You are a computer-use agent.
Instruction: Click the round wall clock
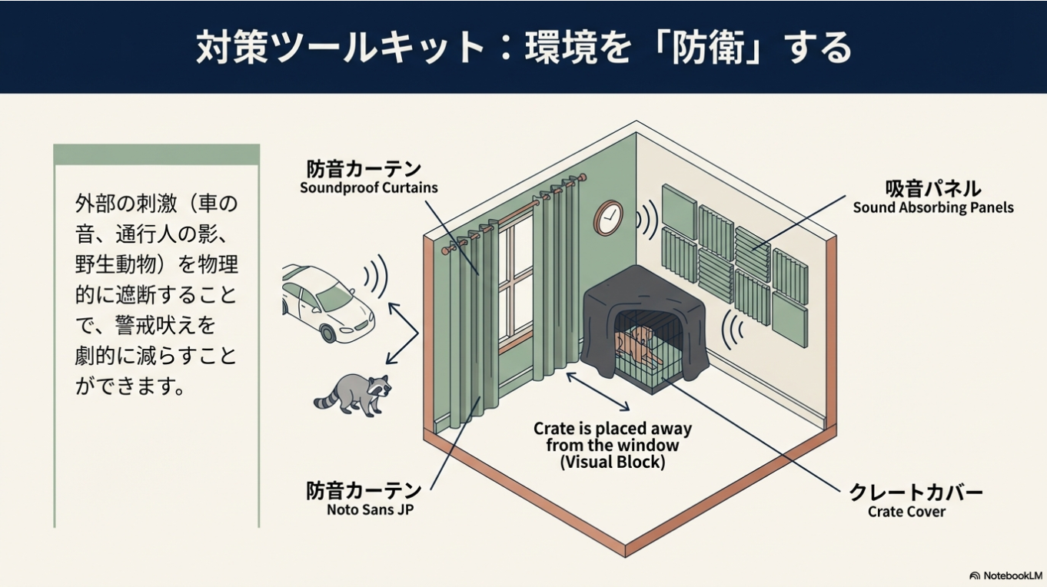608,217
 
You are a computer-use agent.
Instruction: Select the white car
326,302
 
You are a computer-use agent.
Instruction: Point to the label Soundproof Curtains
368,188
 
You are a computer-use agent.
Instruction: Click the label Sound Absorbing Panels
932,207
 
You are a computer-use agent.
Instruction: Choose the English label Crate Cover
906,512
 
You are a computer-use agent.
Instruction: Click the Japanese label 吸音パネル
932,189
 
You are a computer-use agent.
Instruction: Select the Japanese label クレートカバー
916,492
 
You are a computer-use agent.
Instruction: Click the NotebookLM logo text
1012,575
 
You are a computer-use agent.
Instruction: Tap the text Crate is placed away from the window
613,437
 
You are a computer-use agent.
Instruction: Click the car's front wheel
329,333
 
